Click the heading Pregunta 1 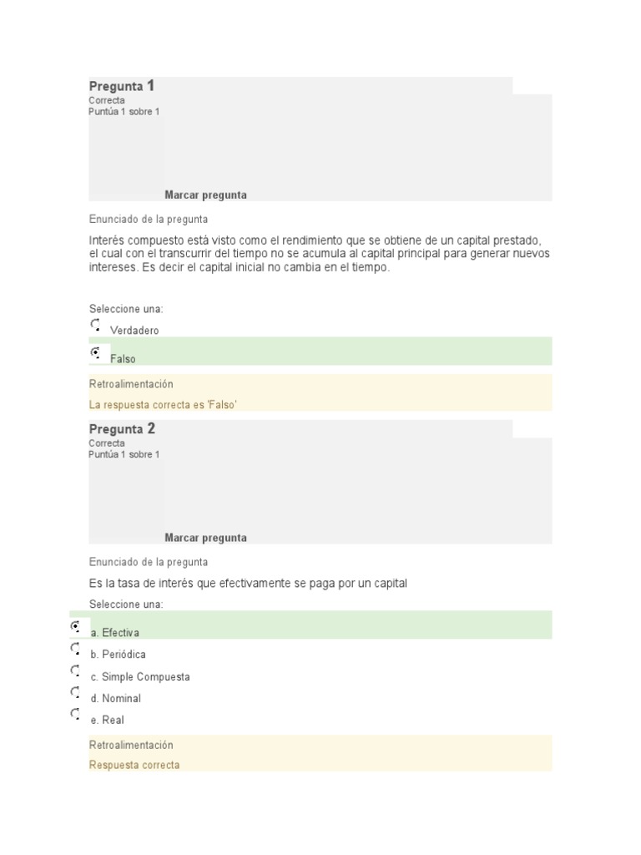tap(122, 86)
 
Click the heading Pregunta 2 tap(122, 429)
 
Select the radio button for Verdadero tap(95, 325)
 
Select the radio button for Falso tap(95, 353)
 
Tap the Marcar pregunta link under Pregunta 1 tap(205, 195)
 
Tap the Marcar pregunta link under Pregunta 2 tap(205, 539)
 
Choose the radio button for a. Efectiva tap(76, 626)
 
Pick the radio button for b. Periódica tap(76, 649)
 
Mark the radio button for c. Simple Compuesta tap(76, 670)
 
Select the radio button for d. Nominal tap(76, 692)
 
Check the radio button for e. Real tap(76, 714)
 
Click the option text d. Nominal tap(116, 699)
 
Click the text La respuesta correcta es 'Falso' tap(164, 405)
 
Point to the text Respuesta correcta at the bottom tap(134, 766)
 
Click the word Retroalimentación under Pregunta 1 tap(131, 384)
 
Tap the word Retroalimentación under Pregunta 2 tap(131, 745)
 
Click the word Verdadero tap(134, 331)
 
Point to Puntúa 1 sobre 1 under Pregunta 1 tap(124, 112)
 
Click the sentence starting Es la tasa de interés tap(248, 584)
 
